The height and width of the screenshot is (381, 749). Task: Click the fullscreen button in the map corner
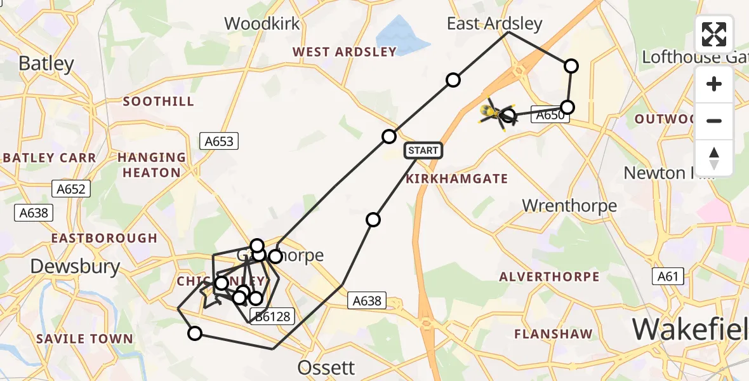(x=714, y=34)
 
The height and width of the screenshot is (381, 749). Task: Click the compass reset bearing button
(x=714, y=157)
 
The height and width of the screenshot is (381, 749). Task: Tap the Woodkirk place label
(x=262, y=24)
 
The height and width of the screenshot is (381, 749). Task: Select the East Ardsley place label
(x=494, y=24)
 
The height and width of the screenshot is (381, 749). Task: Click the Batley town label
(x=46, y=63)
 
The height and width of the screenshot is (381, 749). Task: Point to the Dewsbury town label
(x=75, y=266)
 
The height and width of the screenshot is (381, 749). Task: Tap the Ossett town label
(x=327, y=368)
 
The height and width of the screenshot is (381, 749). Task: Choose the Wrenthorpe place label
(x=569, y=205)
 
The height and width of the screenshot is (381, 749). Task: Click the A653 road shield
(x=219, y=142)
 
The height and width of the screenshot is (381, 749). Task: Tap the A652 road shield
(x=70, y=189)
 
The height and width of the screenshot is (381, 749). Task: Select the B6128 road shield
(x=272, y=316)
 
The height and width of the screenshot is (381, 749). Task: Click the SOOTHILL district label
(x=158, y=102)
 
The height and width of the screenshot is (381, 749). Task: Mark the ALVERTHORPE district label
(x=549, y=277)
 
